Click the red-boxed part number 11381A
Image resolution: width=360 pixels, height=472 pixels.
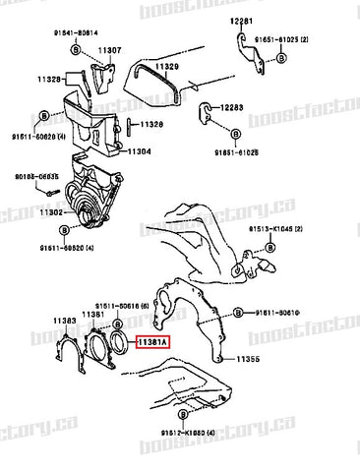(x=150, y=341)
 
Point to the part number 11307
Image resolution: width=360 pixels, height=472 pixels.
(x=109, y=49)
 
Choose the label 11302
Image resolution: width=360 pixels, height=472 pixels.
(x=51, y=211)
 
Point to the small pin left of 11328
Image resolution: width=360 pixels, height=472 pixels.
(x=130, y=125)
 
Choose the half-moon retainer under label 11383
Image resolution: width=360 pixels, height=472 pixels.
(x=69, y=349)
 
